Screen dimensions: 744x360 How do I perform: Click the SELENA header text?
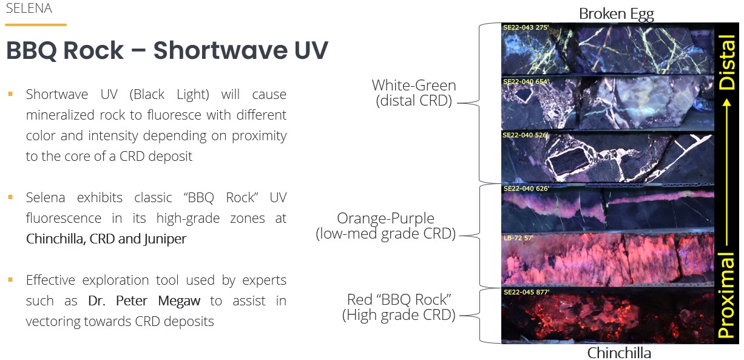[x=29, y=8]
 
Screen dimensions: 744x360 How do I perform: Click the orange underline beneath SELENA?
[x=36, y=25]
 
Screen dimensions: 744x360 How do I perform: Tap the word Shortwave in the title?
[x=220, y=50]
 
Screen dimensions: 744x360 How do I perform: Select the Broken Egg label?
[x=617, y=15]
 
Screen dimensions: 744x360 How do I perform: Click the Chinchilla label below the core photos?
[x=619, y=353]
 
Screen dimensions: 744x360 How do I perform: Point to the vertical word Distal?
[x=726, y=62]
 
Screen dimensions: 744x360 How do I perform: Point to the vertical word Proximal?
[x=726, y=295]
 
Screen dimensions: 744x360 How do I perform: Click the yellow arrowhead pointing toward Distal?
[x=727, y=103]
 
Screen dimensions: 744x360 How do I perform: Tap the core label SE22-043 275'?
[x=526, y=27]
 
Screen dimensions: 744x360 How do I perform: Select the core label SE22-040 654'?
[x=526, y=81]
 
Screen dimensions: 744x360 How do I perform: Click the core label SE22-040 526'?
[x=526, y=135]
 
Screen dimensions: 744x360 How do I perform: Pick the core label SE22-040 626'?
[x=526, y=188]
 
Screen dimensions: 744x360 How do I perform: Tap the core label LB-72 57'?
[x=518, y=238]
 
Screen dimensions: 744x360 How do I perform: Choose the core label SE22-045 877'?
[x=527, y=292]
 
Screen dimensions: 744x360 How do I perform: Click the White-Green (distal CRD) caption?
[x=414, y=93]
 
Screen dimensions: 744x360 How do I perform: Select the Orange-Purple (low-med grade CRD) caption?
[x=385, y=226]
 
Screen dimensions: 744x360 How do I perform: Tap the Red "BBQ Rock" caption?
[x=399, y=307]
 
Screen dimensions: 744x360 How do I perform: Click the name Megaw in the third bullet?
[x=179, y=301]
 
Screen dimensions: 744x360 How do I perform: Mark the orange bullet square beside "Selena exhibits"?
[x=10, y=197]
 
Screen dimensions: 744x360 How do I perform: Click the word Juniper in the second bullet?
[x=165, y=239]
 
